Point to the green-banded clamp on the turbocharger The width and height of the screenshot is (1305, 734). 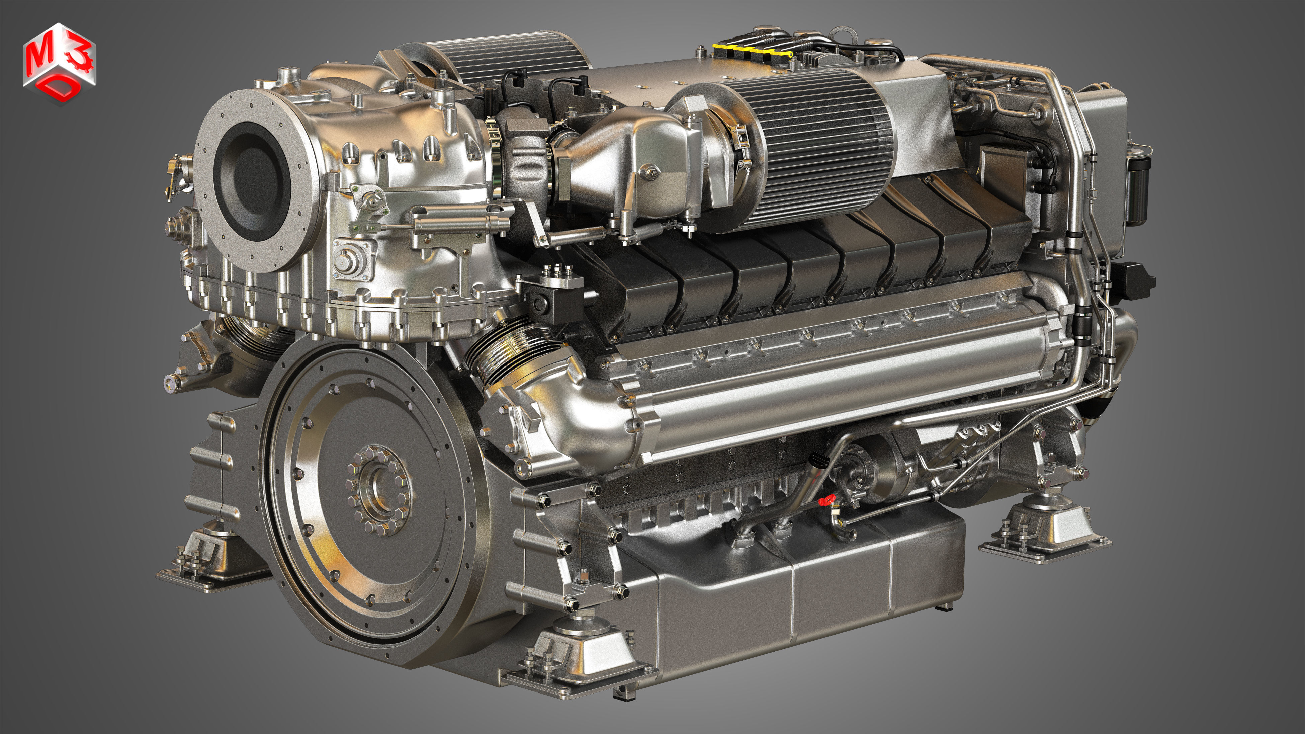click(x=494, y=152)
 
